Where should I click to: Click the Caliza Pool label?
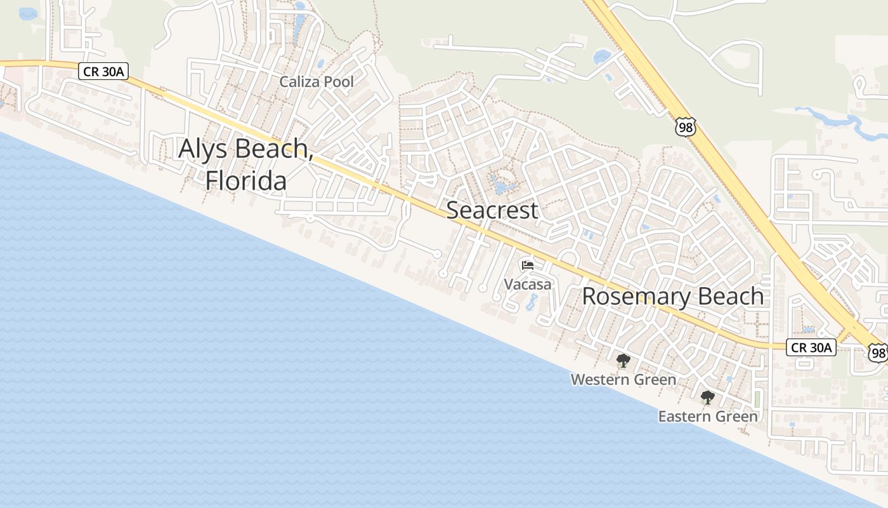pos(317,82)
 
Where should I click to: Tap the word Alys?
pos(206,149)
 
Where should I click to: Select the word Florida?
pos(245,181)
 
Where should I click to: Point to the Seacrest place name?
pos(492,210)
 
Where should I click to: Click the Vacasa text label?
pos(528,284)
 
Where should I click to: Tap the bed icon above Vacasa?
pos(528,265)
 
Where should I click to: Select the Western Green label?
pos(623,380)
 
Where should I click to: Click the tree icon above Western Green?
pos(623,361)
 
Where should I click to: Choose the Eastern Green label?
pos(708,417)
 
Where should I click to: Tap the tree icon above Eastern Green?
pos(707,398)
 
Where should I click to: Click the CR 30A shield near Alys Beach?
pos(103,71)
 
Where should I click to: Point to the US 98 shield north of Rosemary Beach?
pos(685,126)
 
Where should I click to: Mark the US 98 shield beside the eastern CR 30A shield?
pos(878,353)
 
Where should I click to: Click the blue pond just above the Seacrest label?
pos(501,187)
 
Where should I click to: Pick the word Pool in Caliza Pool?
pos(338,82)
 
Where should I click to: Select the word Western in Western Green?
pos(599,380)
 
